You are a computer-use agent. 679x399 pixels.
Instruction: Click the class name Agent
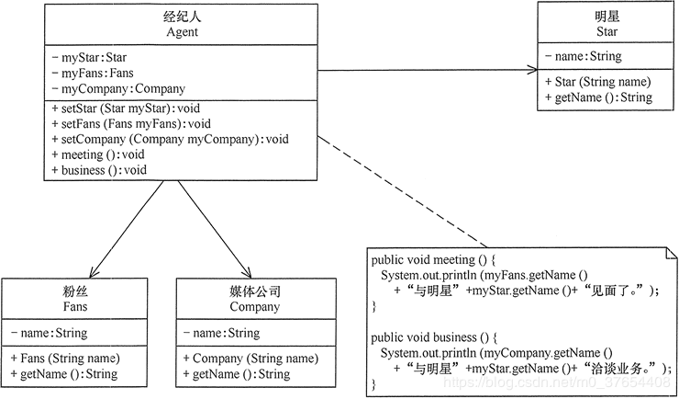coord(183,33)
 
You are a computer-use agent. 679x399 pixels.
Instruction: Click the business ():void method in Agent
coord(100,170)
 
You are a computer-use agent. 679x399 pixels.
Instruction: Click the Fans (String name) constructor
coord(63,359)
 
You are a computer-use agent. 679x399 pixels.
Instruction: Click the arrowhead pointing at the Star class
coord(531,70)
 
